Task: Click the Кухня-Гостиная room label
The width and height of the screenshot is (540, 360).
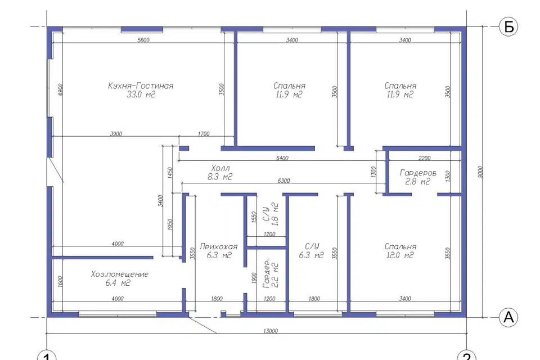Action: pyautogui.click(x=141, y=85)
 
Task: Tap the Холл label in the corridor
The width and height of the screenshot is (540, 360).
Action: pyautogui.click(x=220, y=168)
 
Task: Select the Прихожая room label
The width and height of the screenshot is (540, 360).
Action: pyautogui.click(x=219, y=247)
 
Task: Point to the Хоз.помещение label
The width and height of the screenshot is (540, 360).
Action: pyautogui.click(x=119, y=274)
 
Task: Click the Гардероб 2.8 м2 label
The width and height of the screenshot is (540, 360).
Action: pyautogui.click(x=418, y=177)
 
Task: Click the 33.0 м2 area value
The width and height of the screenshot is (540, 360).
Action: pyautogui.click(x=141, y=94)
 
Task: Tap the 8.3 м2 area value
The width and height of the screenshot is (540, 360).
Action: pyautogui.click(x=220, y=177)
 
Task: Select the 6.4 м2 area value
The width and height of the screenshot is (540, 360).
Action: pyautogui.click(x=118, y=283)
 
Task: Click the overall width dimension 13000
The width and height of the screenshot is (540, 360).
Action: pyautogui.click(x=271, y=331)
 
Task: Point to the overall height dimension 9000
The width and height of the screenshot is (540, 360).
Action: pyautogui.click(x=480, y=172)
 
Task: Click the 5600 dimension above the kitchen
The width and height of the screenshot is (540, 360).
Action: pyautogui.click(x=143, y=40)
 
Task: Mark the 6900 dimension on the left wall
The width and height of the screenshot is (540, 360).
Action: pyautogui.click(x=60, y=89)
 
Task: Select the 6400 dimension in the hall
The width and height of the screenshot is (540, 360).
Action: pyautogui.click(x=282, y=158)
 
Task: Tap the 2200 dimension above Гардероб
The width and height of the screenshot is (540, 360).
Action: pyautogui.click(x=424, y=158)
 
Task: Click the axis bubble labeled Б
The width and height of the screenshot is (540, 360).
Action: pyautogui.click(x=508, y=26)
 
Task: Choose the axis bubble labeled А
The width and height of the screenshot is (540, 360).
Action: pyautogui.click(x=508, y=317)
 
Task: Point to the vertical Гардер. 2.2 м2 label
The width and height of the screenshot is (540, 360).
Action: pyautogui.click(x=271, y=274)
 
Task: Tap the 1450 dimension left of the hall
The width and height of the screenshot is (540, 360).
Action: pyautogui.click(x=170, y=173)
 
